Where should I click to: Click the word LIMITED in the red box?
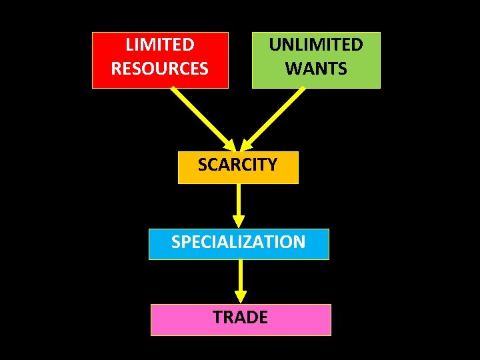[160, 45]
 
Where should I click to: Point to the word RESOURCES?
[160, 69]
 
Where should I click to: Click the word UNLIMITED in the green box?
[316, 45]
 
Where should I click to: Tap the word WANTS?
[316, 69]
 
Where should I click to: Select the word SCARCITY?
[237, 165]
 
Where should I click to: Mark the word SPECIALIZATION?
[239, 241]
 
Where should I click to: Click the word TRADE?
[241, 317]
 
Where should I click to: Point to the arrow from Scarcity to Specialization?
[238, 200]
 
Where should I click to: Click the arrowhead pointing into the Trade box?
[241, 296]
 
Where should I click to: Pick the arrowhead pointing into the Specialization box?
[238, 221]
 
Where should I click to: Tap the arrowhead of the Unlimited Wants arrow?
[247, 145]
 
